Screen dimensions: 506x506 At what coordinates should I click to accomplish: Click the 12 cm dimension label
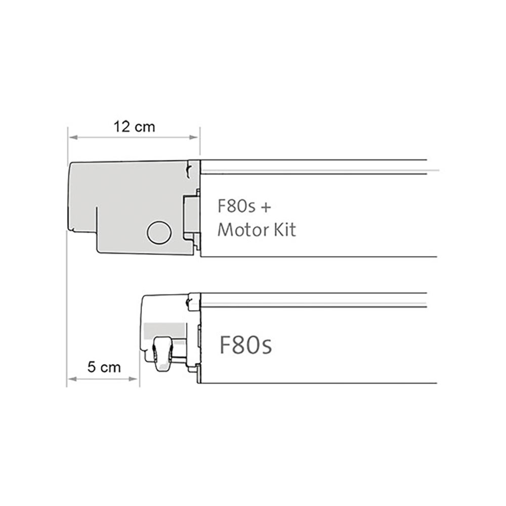pos(134,127)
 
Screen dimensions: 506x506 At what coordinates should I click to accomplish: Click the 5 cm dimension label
pos(104,367)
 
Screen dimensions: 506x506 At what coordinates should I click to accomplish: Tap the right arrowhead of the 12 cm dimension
pos(194,137)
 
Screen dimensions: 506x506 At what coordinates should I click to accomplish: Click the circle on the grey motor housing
pos(159,233)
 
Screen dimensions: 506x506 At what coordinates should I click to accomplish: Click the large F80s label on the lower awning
pos(245,345)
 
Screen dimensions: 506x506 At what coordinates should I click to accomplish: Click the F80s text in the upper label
pos(236,207)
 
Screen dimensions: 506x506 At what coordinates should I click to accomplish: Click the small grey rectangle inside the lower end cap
pos(164,330)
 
